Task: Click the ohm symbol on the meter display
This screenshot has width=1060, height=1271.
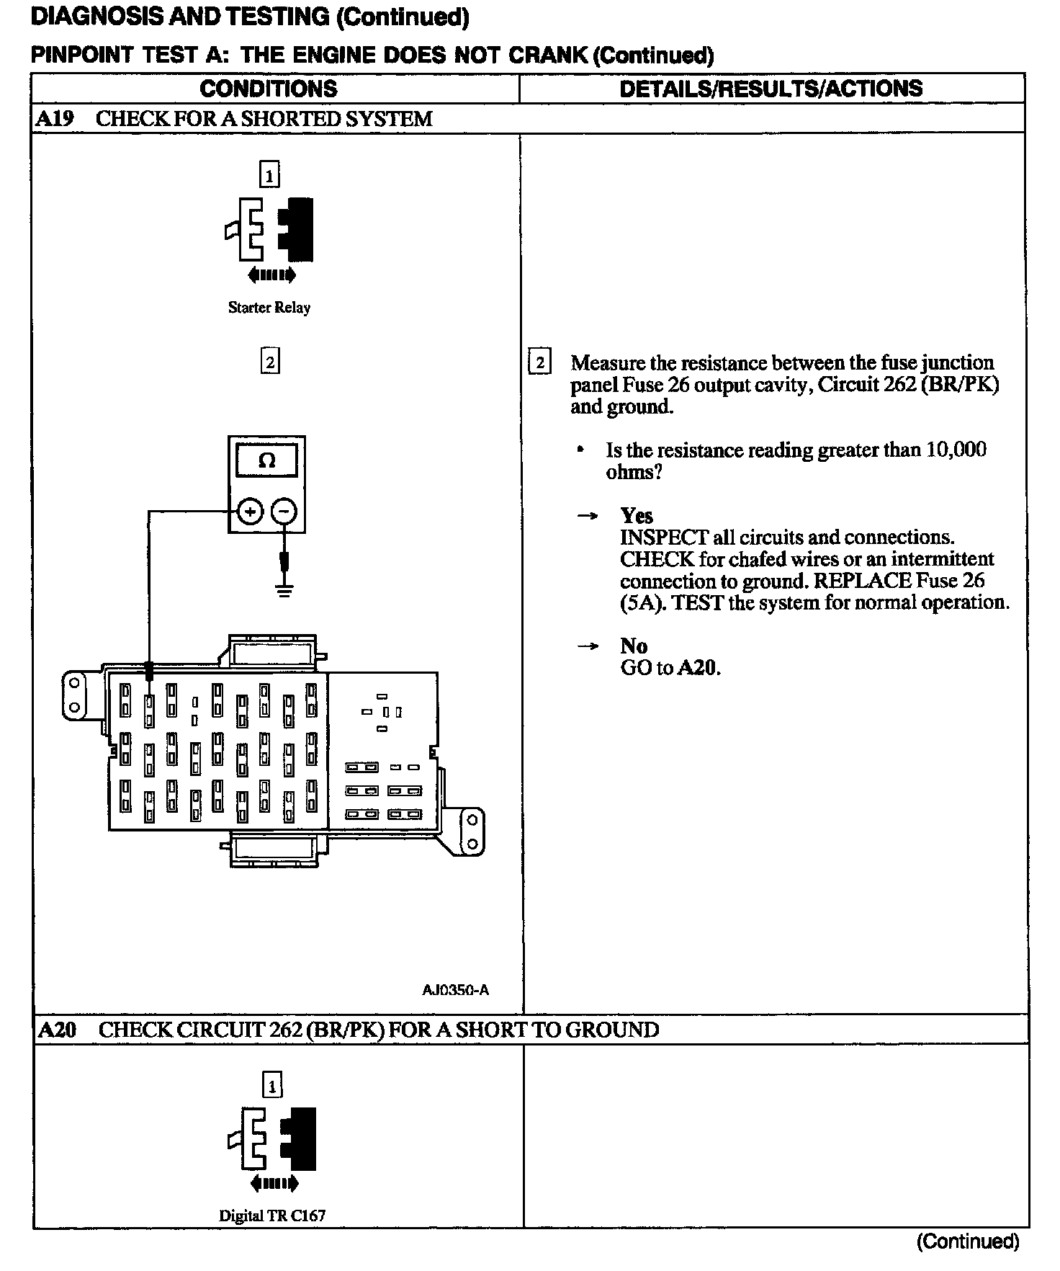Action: [266, 460]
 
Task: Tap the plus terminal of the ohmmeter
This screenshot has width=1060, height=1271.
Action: [250, 512]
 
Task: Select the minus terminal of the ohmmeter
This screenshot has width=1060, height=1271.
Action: [284, 512]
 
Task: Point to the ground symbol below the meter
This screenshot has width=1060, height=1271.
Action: [285, 591]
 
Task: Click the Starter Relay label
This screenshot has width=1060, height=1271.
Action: [269, 308]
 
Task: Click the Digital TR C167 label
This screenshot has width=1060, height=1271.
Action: [272, 1216]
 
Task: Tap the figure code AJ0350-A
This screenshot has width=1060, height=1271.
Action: [455, 989]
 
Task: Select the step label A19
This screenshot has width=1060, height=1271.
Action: [54, 118]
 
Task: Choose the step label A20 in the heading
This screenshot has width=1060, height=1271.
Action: [56, 1030]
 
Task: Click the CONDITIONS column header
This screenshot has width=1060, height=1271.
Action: [269, 89]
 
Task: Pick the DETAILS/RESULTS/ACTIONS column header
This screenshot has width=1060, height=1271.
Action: [771, 89]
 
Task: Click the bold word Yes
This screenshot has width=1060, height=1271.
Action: [637, 515]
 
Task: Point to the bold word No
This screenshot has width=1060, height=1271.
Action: [634, 646]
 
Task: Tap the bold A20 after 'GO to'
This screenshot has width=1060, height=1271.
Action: [699, 668]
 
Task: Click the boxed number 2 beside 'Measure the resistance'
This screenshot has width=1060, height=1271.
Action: [539, 362]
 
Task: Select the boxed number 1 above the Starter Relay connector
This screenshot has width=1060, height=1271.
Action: [269, 175]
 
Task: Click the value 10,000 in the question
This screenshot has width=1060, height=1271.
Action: [956, 450]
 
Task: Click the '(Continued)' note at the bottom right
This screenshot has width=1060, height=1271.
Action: [967, 1240]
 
